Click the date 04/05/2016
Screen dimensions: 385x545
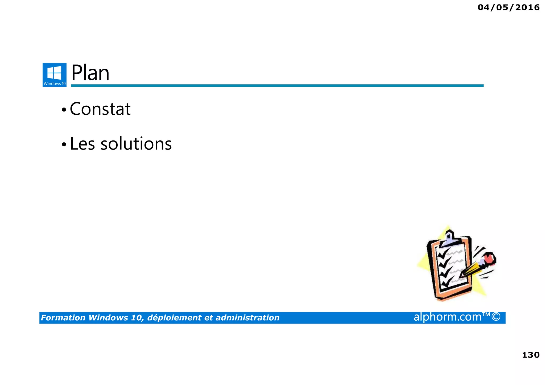point(508,7)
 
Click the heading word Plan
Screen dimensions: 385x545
point(90,73)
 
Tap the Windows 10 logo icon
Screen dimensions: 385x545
point(55,74)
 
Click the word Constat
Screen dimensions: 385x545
point(100,109)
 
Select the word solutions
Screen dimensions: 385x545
point(136,144)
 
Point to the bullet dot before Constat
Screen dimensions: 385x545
point(64,110)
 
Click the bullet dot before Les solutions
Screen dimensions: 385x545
point(64,145)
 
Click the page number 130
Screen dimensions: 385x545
point(530,355)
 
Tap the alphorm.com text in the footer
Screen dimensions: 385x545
point(448,317)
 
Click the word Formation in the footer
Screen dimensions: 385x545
point(63,318)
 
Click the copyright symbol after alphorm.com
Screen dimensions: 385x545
point(496,317)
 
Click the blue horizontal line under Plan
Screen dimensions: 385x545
point(277,86)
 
